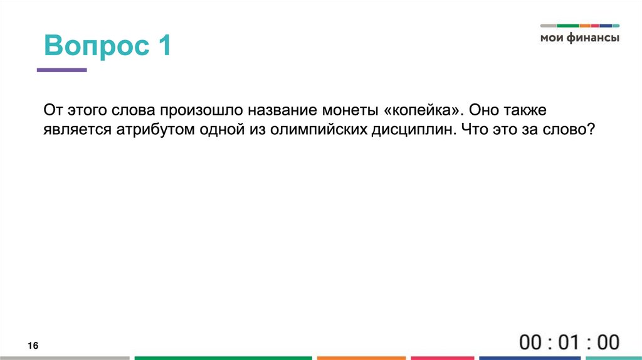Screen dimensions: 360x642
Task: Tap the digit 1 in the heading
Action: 164,47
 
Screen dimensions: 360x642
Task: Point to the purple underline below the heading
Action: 61,70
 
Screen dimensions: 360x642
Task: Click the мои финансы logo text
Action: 580,38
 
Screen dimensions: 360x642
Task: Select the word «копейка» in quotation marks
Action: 423,110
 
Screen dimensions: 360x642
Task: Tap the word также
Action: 524,110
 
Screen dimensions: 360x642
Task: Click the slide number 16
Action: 33,346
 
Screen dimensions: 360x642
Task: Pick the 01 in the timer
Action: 569,342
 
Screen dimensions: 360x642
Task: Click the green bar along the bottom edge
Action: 223,358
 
